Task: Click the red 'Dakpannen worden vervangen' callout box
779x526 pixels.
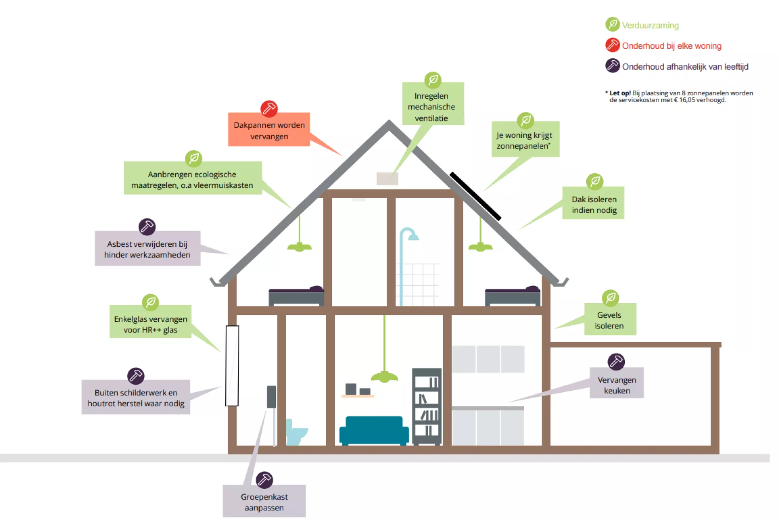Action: click(269, 130)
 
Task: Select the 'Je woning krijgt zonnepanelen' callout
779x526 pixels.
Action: click(525, 140)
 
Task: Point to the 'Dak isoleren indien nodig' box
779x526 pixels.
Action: click(593, 204)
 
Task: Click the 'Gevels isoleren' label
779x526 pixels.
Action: click(609, 320)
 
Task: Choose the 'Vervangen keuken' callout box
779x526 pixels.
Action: click(616, 384)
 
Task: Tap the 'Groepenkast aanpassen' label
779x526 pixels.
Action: click(264, 502)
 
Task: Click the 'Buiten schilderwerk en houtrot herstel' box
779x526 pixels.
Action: click(136, 397)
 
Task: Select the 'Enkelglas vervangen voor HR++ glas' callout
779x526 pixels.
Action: click(151, 323)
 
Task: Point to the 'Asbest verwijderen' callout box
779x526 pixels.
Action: click(147, 249)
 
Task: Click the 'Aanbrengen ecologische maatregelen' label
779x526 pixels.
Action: click(192, 179)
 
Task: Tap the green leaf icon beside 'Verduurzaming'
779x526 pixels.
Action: click(612, 24)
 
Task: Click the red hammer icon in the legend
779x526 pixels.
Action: click(612, 45)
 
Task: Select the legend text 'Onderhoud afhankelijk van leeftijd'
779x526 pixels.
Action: click(685, 67)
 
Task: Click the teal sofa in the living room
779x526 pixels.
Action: click(374, 430)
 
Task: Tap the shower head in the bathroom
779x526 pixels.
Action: click(413, 236)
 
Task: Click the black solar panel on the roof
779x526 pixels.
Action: click(475, 196)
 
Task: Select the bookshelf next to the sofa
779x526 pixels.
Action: click(427, 406)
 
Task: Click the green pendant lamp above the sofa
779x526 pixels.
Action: click(384, 376)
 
